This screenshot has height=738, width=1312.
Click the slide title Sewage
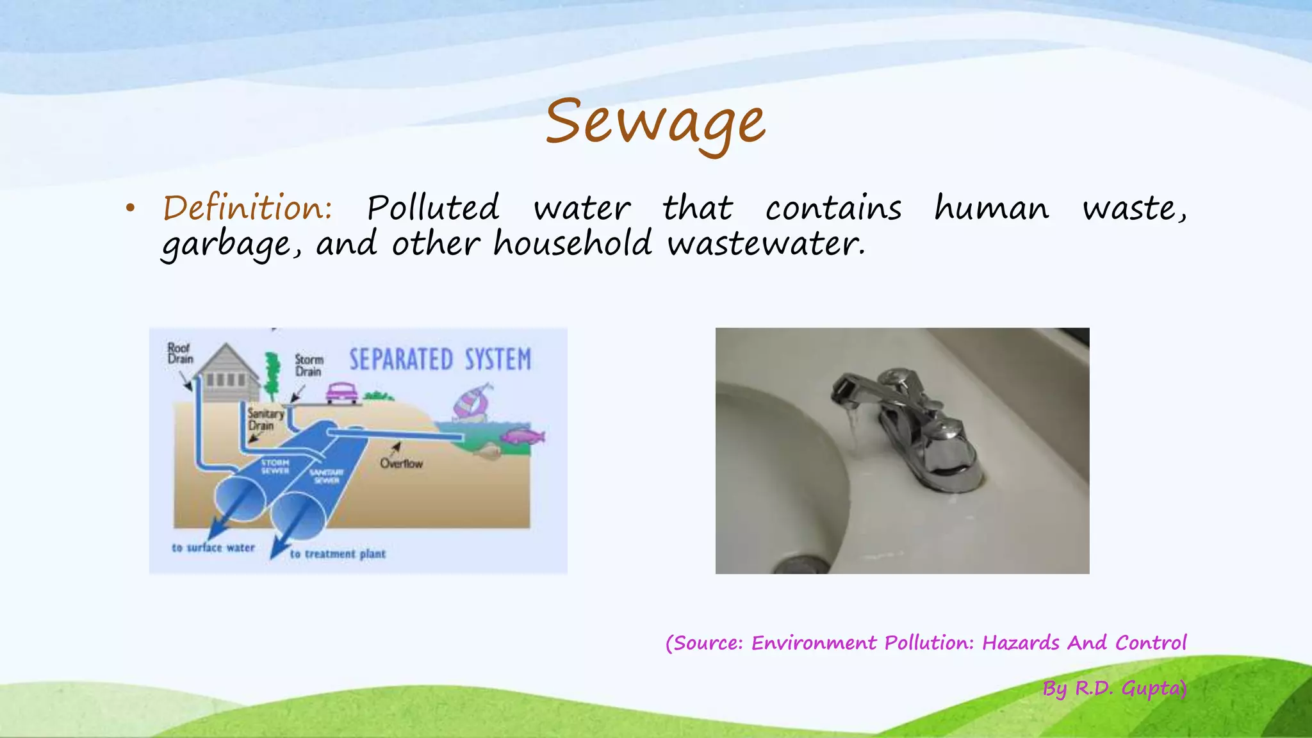point(655,122)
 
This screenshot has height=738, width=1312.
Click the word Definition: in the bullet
point(247,208)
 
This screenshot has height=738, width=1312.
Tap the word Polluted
point(433,208)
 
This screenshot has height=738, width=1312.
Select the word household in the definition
point(572,244)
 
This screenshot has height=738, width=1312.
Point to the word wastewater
point(766,244)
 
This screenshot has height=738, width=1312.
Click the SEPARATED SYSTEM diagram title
point(440,359)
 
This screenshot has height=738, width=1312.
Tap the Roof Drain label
point(179,353)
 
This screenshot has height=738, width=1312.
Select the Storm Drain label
point(309,365)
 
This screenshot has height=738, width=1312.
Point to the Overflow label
point(401,463)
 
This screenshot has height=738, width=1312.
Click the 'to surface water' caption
point(213,548)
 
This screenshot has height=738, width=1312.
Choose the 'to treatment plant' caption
point(338,554)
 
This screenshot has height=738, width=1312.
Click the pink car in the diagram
point(342,393)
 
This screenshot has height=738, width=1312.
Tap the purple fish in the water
point(523,436)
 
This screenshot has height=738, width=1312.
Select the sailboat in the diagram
point(471,402)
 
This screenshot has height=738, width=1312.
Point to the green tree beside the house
point(274,375)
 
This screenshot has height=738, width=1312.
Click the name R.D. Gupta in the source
point(1131,689)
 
